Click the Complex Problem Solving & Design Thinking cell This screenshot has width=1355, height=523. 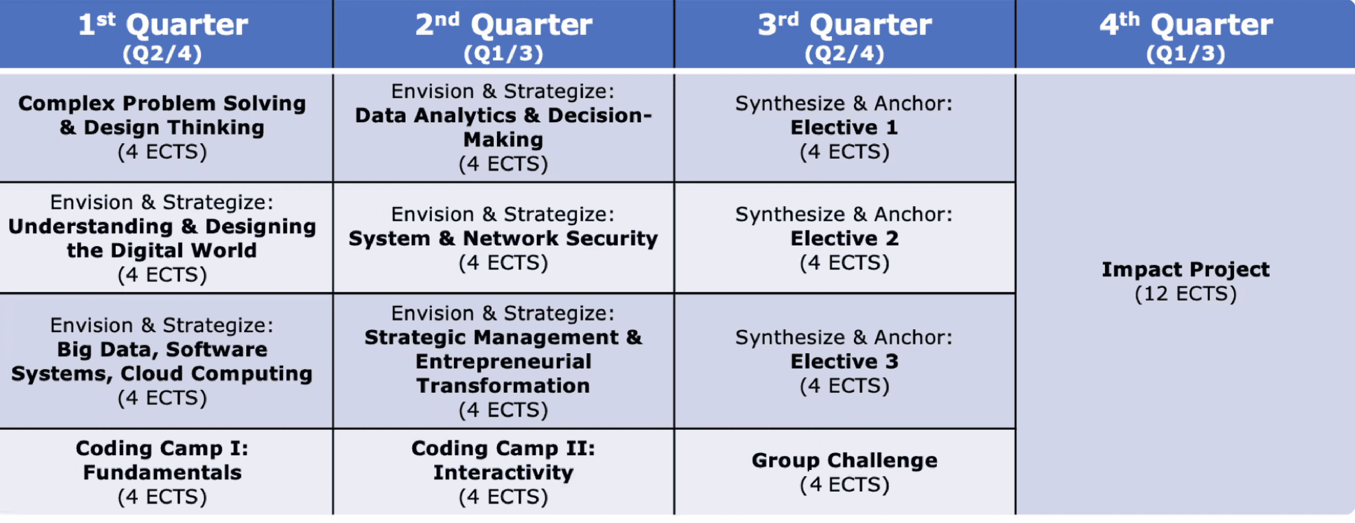tap(166, 128)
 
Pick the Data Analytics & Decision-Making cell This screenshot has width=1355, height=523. tap(504, 128)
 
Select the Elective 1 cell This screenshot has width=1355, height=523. tap(845, 128)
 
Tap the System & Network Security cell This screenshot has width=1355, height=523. tap(504, 238)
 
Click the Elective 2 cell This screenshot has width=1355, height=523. tap(845, 238)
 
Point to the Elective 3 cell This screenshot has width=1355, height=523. tap(845, 361)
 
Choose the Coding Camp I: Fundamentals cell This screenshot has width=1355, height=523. tap(166, 472)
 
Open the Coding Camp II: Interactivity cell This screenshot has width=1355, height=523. tap(504, 472)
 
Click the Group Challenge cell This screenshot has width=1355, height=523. tap(845, 472)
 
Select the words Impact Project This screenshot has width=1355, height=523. tap(1186, 269)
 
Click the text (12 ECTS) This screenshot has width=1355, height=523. tap(1186, 294)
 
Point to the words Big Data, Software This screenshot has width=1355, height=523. tap(162, 350)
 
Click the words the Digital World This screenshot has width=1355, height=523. tap(162, 251)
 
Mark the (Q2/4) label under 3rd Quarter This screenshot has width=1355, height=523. tap(845, 54)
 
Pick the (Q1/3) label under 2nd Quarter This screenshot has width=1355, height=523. tap(504, 54)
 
